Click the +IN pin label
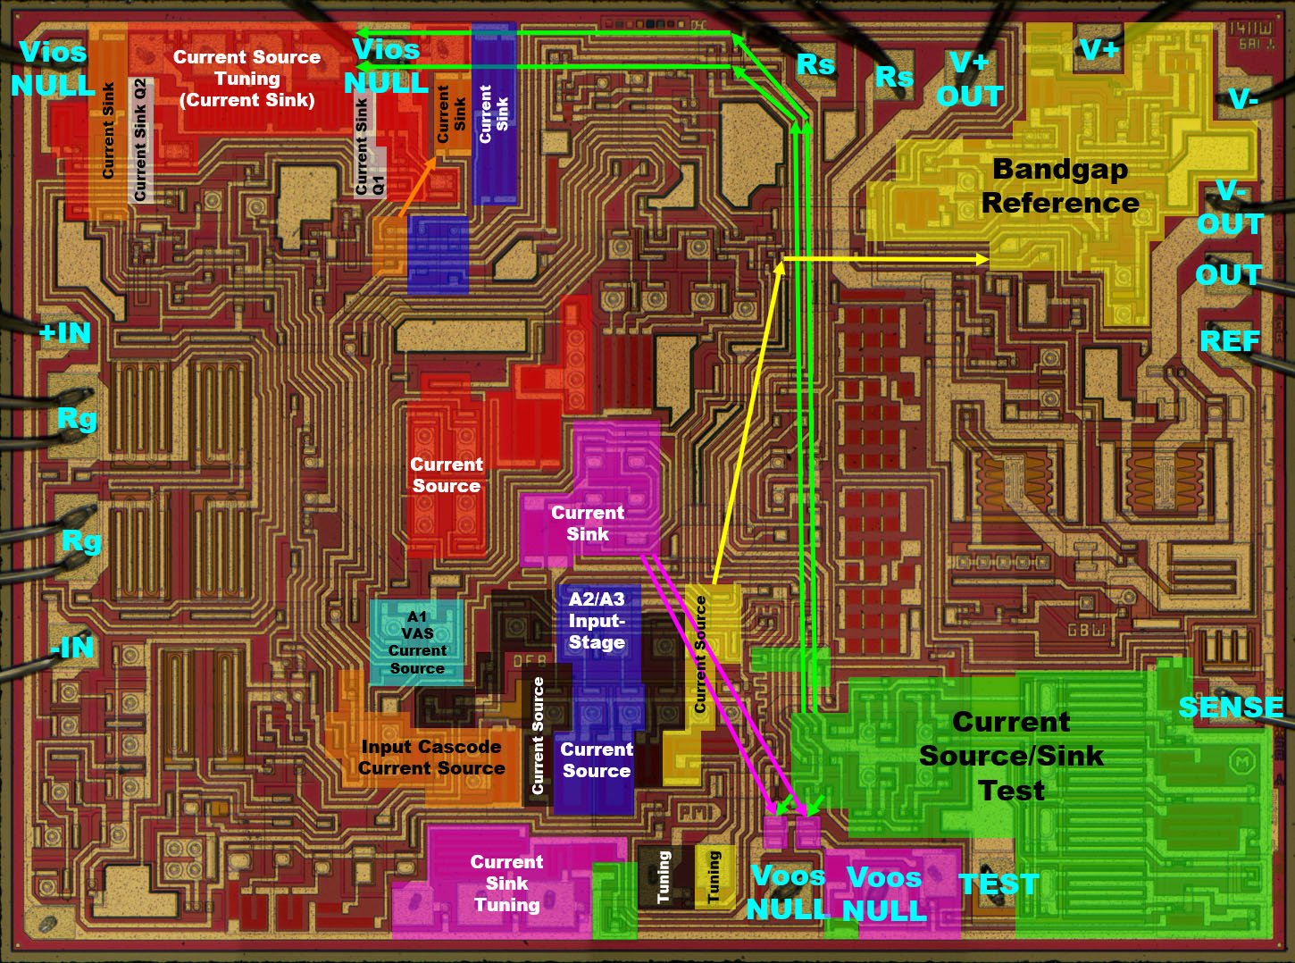tap(65, 333)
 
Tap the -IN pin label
tap(71, 647)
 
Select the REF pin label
tap(1230, 341)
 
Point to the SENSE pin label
tap(1230, 708)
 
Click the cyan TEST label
tap(998, 884)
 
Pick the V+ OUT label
tap(970, 80)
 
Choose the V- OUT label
tap(1230, 207)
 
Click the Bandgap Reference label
tap(1060, 186)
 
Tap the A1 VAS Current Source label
tap(417, 642)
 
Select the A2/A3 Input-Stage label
tap(597, 621)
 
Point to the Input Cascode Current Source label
tap(431, 758)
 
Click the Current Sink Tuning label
tap(506, 883)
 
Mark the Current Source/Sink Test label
tap(1011, 756)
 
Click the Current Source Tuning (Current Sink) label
tap(246, 79)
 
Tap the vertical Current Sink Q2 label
tap(139, 139)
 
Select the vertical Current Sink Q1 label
tap(369, 147)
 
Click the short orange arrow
tap(417, 187)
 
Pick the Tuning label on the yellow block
tap(714, 876)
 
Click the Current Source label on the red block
tap(447, 475)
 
